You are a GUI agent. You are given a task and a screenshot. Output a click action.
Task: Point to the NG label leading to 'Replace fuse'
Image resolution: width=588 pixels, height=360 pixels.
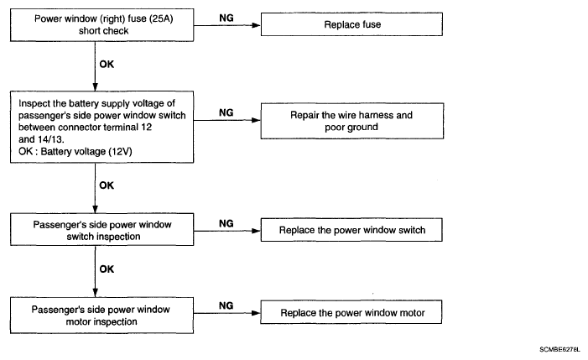click(226, 18)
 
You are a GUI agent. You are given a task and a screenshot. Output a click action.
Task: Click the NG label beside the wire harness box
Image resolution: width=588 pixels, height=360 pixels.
click(226, 112)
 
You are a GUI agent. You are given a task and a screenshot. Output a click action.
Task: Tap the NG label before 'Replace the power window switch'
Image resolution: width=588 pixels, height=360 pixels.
click(226, 223)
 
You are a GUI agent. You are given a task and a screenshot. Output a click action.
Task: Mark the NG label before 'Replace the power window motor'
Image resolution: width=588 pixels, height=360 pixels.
click(226, 305)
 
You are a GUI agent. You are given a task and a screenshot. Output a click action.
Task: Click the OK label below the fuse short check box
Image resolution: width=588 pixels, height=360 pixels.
click(107, 64)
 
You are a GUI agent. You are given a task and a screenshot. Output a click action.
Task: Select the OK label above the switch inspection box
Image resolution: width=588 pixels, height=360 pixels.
click(107, 185)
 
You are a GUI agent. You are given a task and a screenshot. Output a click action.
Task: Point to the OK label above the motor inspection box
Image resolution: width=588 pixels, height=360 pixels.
click(107, 269)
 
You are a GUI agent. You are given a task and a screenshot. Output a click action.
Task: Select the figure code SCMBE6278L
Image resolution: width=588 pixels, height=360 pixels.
click(559, 349)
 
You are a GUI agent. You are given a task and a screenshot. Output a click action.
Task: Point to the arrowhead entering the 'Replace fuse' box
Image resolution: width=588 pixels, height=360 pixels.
click(256, 25)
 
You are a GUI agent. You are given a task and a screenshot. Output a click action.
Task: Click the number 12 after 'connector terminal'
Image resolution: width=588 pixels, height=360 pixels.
click(147, 127)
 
